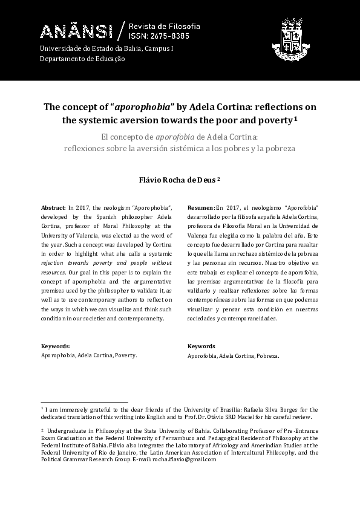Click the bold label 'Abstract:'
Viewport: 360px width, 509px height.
(x=53, y=207)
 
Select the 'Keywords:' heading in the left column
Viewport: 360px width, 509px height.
(x=55, y=346)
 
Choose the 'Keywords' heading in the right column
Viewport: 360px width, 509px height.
(x=201, y=346)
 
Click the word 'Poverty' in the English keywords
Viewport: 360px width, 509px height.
(x=125, y=356)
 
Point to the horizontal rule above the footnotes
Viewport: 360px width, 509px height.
(x=84, y=402)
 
